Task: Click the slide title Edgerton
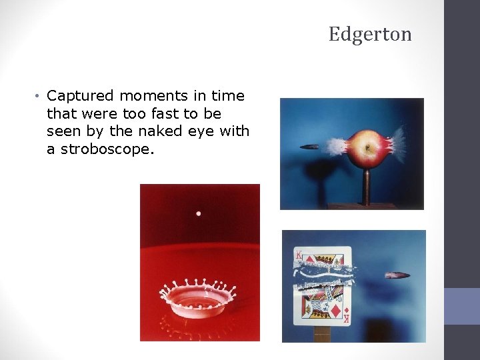tap(370, 34)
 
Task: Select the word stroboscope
tap(107, 149)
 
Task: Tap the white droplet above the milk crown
tap(198, 213)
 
